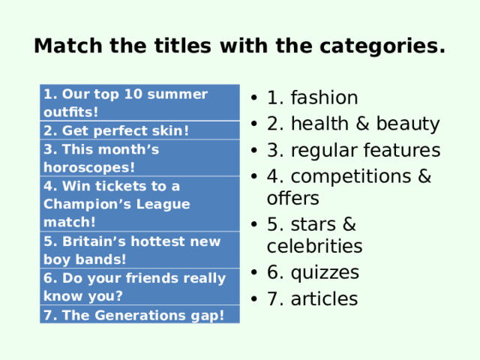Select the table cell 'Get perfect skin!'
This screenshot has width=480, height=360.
(x=116, y=130)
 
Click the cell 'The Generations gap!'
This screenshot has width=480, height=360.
(x=134, y=315)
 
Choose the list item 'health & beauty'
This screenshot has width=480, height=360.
(x=352, y=124)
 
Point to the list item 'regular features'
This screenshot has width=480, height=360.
(x=353, y=150)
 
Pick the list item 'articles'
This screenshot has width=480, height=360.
(x=312, y=298)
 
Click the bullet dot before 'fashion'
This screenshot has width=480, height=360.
(x=256, y=99)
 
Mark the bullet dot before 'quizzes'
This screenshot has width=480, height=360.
(x=256, y=273)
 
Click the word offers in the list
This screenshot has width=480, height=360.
(x=292, y=198)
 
